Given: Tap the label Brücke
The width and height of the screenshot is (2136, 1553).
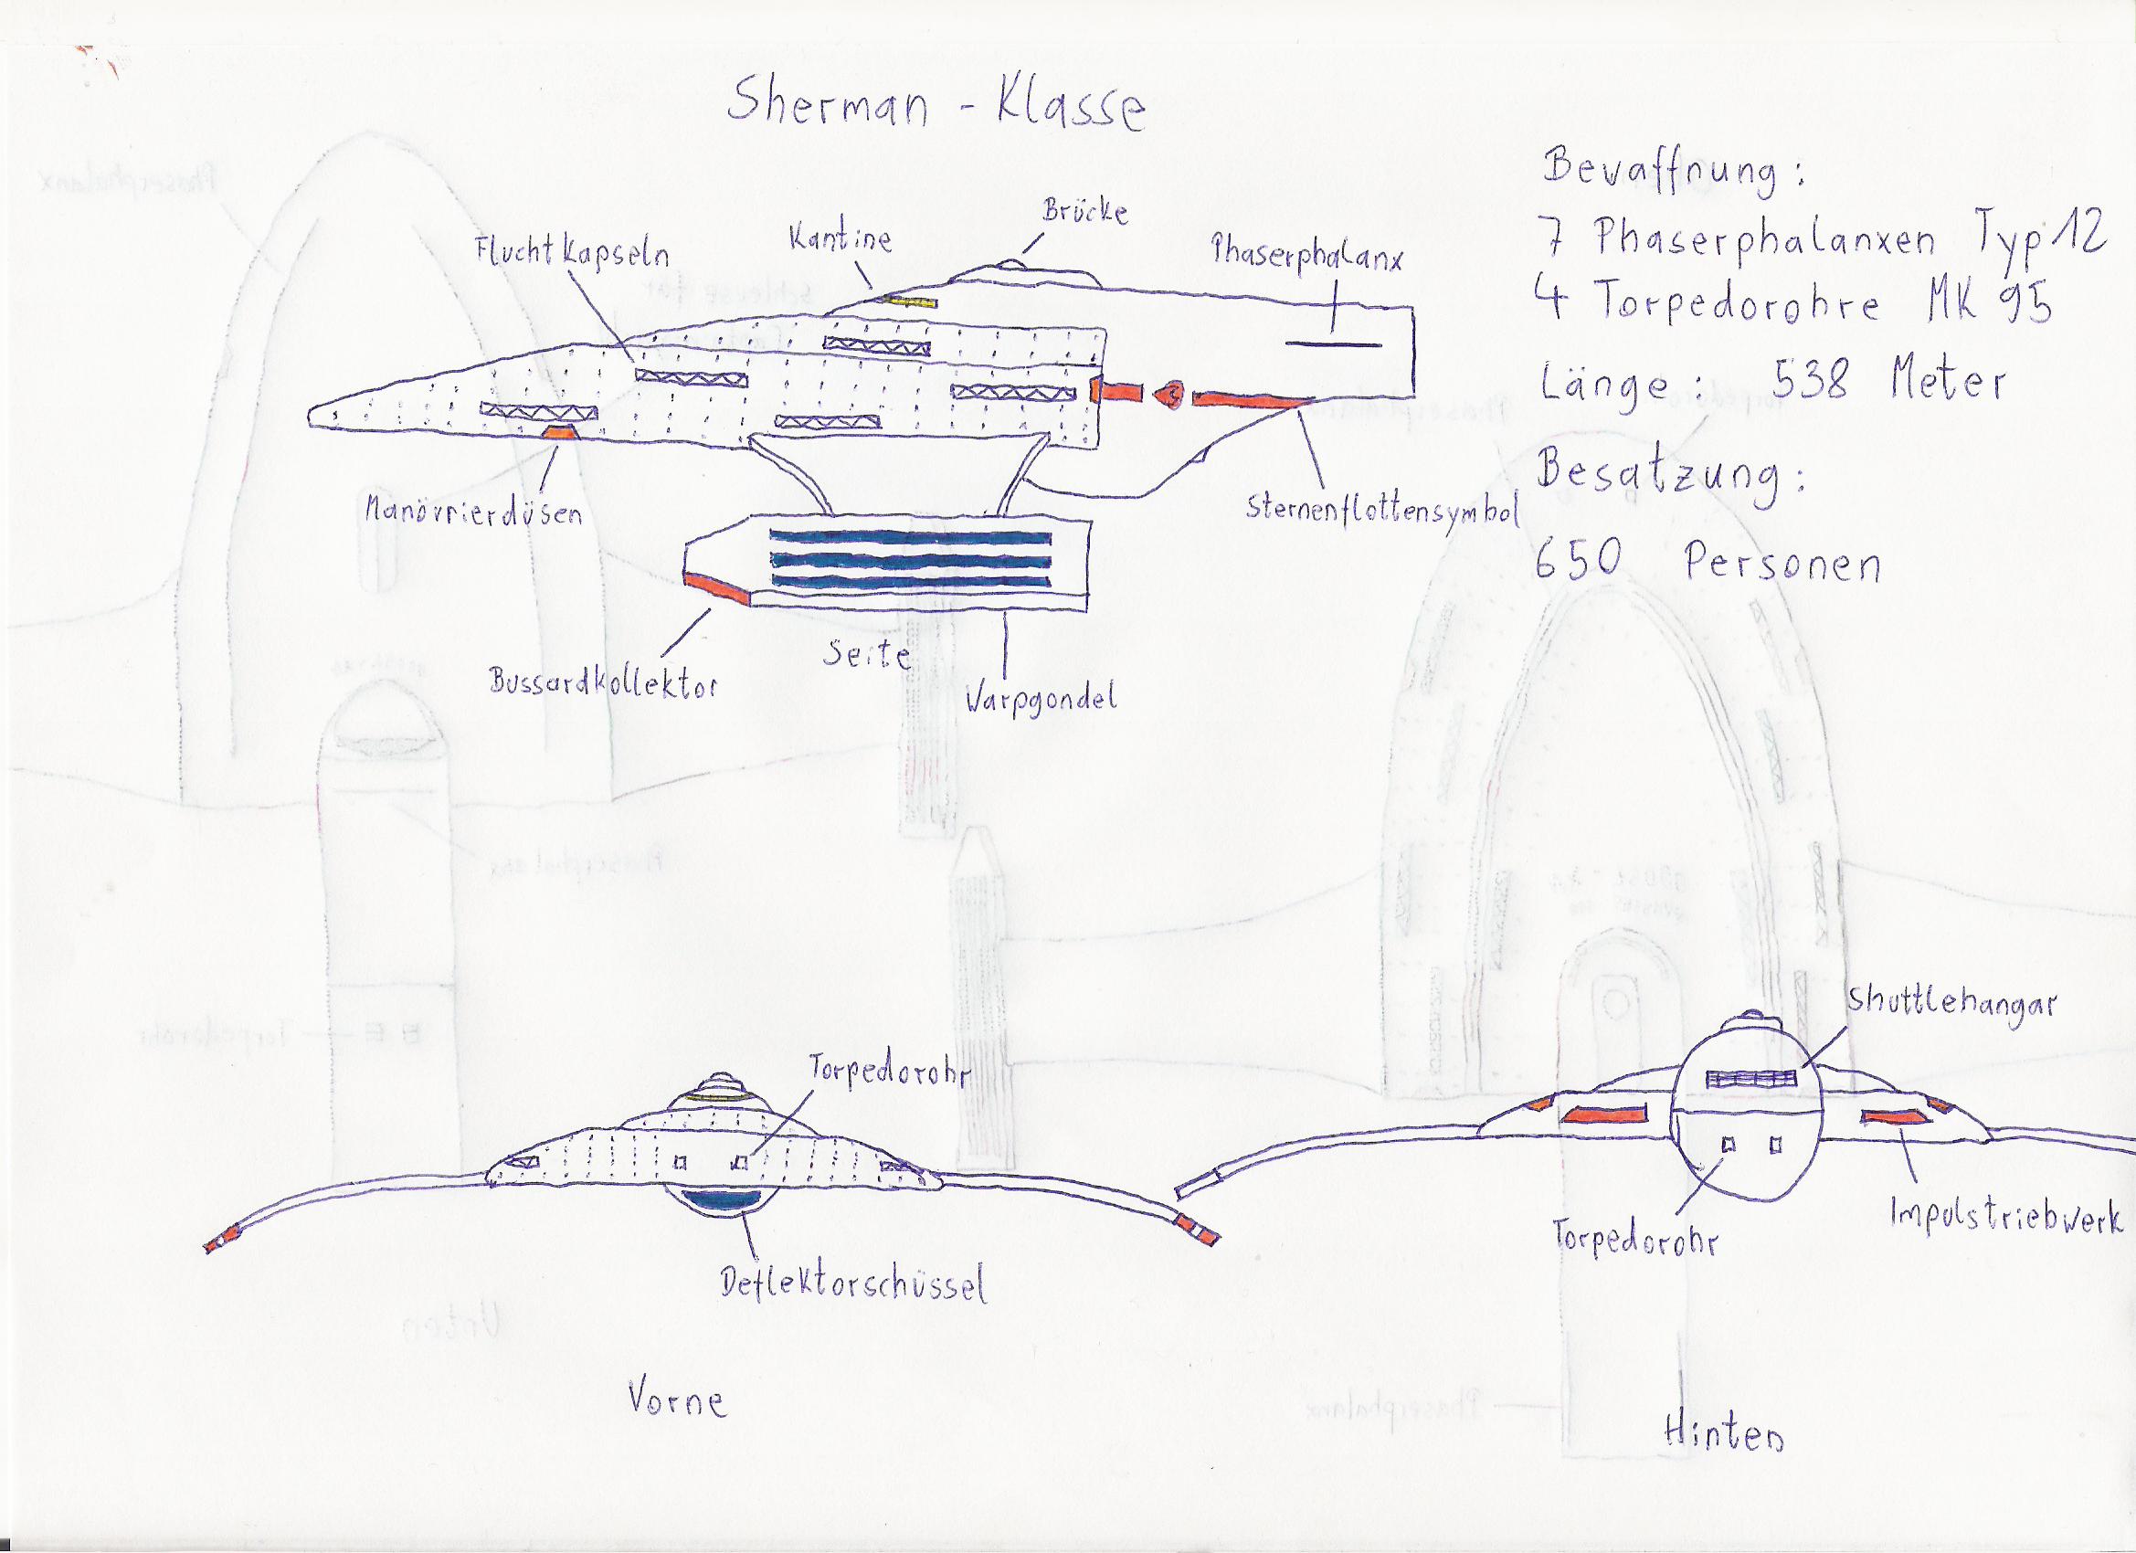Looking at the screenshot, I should [x=1084, y=212].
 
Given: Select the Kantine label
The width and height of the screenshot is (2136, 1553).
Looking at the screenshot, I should [x=841, y=240].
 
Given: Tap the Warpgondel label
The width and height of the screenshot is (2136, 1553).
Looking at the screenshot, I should [x=1040, y=700].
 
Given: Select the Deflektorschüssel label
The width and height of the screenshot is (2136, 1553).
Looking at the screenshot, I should [x=853, y=1284].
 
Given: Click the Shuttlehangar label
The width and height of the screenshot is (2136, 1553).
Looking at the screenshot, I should [x=1950, y=1006].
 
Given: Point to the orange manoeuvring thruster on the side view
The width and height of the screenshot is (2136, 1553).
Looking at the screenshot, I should [x=559, y=432].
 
